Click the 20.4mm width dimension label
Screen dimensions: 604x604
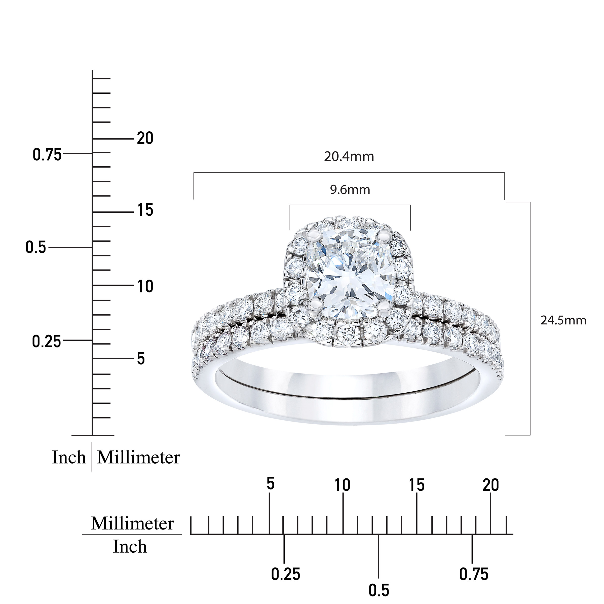(349, 157)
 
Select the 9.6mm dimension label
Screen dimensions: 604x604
(350, 190)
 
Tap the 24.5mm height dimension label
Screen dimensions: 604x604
(563, 320)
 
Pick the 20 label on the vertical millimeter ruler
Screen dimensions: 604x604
(145, 138)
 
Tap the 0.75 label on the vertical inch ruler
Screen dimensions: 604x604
(48, 155)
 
